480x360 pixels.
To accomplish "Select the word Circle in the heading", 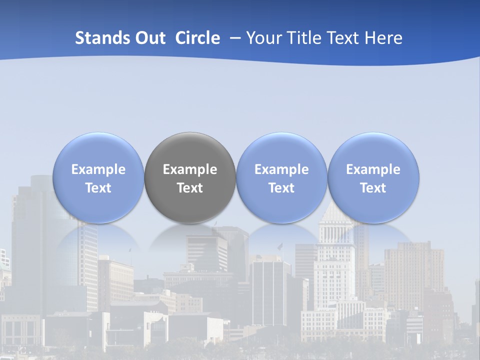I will tap(197, 38).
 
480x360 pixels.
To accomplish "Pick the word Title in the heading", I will tap(303, 38).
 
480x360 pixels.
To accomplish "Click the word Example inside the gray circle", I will tap(190, 169).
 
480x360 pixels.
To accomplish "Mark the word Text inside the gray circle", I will tap(190, 188).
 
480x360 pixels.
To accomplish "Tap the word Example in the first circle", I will tap(98, 169).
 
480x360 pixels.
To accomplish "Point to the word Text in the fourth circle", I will tap(373, 188).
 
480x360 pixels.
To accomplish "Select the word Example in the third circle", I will tap(281, 169).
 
